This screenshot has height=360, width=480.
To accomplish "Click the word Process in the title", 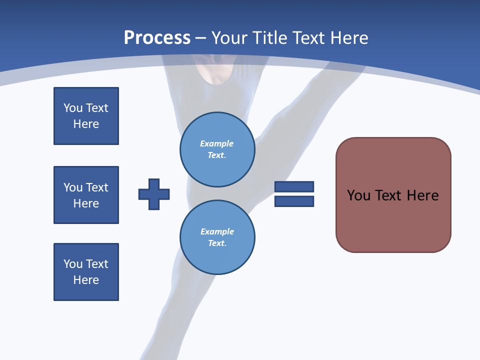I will point(157,38).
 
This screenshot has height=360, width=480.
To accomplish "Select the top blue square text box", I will point(86,116).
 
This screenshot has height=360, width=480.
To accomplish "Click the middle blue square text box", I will point(86,195).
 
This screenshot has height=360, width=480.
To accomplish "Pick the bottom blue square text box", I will point(86,272).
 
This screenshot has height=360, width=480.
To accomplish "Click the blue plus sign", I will point(154,194).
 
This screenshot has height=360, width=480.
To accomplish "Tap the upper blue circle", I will point(217,149).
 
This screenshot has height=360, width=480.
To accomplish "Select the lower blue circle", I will point(217,237).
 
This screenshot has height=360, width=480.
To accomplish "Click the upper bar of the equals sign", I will point(294,186).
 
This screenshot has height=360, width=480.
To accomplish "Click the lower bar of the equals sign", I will point(294,201).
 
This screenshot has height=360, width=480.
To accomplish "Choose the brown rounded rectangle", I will point(393,220).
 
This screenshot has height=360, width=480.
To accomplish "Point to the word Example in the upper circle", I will point(217,143).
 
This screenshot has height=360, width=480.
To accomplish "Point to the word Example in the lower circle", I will point(217,231).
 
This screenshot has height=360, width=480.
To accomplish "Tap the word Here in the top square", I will point(86,124).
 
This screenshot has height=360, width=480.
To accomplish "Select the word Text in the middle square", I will point(97,187).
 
